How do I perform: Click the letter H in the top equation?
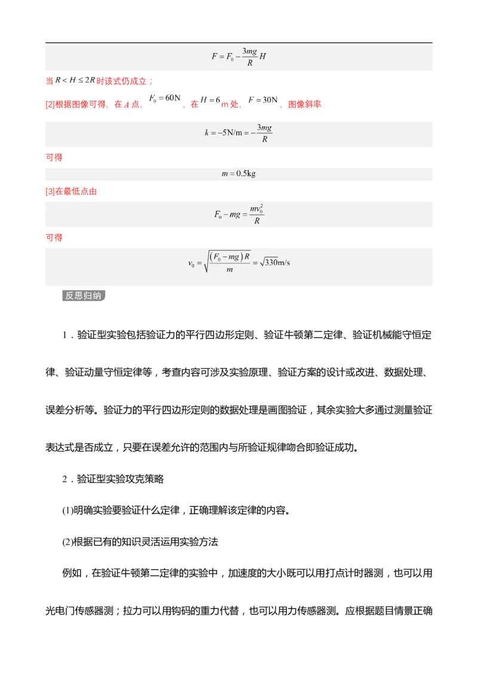[x=262, y=57]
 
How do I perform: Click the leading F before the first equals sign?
[x=215, y=57]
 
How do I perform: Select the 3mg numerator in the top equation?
[x=250, y=51]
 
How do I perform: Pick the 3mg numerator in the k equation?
[x=264, y=128]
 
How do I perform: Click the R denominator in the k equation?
[x=264, y=139]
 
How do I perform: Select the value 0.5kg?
[x=246, y=174]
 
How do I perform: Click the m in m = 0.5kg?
[x=225, y=174]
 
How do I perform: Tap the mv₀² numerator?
[x=256, y=209]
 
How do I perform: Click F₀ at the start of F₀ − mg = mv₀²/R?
[x=218, y=215]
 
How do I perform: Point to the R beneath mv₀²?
[x=256, y=221]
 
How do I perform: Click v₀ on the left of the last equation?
[x=191, y=263]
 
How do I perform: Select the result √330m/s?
[x=274, y=263]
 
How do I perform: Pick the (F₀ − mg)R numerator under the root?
[x=230, y=257]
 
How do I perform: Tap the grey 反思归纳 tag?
[x=85, y=296]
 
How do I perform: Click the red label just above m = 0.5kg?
[x=54, y=158]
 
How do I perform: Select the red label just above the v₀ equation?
[x=54, y=238]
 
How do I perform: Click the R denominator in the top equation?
[x=250, y=63]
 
